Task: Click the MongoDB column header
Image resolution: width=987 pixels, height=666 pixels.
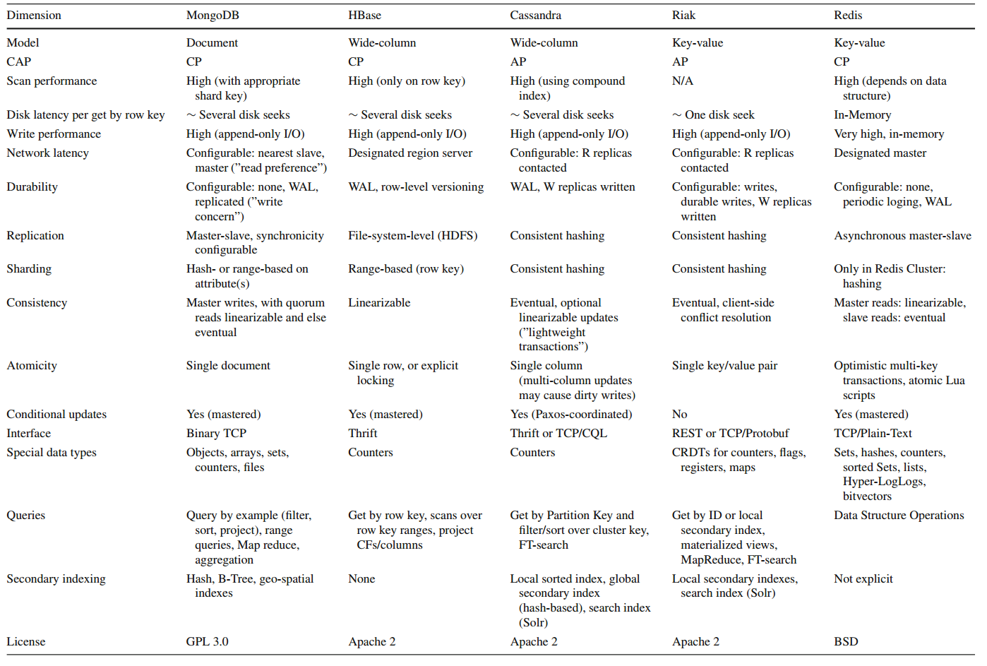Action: pos(213,15)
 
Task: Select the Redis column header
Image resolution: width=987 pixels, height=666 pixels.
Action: pos(848,15)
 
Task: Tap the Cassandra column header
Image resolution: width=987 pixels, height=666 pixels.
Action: pos(536,15)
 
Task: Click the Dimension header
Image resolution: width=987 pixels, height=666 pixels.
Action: pos(34,15)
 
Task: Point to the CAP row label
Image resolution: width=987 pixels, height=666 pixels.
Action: pos(19,62)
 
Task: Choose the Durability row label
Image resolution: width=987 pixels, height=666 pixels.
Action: pos(32,187)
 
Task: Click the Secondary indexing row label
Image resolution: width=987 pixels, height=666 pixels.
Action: pos(56,579)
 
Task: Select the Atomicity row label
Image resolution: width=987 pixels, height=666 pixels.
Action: pos(32,366)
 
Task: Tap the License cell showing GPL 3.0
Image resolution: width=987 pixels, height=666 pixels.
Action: pos(208,642)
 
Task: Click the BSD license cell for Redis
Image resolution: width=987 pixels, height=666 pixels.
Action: pos(846,642)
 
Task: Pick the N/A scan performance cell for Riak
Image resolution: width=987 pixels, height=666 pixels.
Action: pos(683,81)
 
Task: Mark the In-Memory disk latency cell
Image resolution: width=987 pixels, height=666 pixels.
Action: pos(862,115)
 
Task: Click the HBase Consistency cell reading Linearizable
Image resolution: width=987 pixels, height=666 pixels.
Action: pos(379,303)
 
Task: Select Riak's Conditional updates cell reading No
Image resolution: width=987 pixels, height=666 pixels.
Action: pos(680,415)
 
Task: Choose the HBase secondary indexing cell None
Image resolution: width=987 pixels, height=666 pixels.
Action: pos(361,579)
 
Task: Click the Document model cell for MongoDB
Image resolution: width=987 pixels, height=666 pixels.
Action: pos(212,43)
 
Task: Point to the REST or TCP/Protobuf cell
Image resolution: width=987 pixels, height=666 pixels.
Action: pos(730,434)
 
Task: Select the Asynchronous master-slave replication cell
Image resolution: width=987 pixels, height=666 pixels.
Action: pos(902,236)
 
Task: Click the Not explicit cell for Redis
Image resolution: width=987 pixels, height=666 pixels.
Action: pos(863,579)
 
